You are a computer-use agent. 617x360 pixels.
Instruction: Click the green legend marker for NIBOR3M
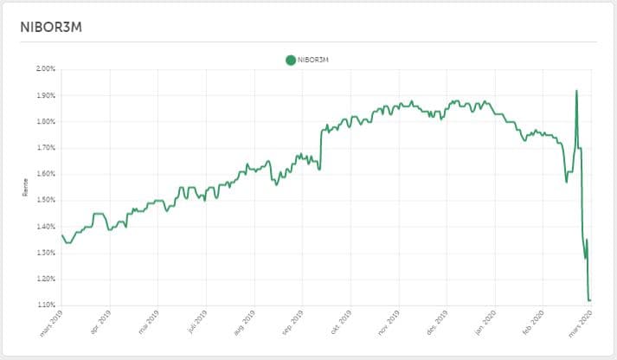point(290,60)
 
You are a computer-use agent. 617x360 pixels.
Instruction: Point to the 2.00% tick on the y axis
point(45,68)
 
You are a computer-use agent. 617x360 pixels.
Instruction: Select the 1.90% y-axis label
point(45,95)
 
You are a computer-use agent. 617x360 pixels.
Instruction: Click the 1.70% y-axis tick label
point(45,148)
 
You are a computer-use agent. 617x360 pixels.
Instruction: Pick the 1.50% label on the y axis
point(45,200)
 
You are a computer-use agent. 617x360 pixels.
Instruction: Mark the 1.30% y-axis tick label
point(45,253)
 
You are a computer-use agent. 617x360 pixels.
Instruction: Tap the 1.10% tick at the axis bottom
point(45,305)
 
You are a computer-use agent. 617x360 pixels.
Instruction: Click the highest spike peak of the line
point(577,90)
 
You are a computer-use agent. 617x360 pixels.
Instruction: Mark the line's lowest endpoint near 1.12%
point(589,300)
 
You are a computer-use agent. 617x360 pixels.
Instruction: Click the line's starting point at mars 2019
point(61,235)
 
